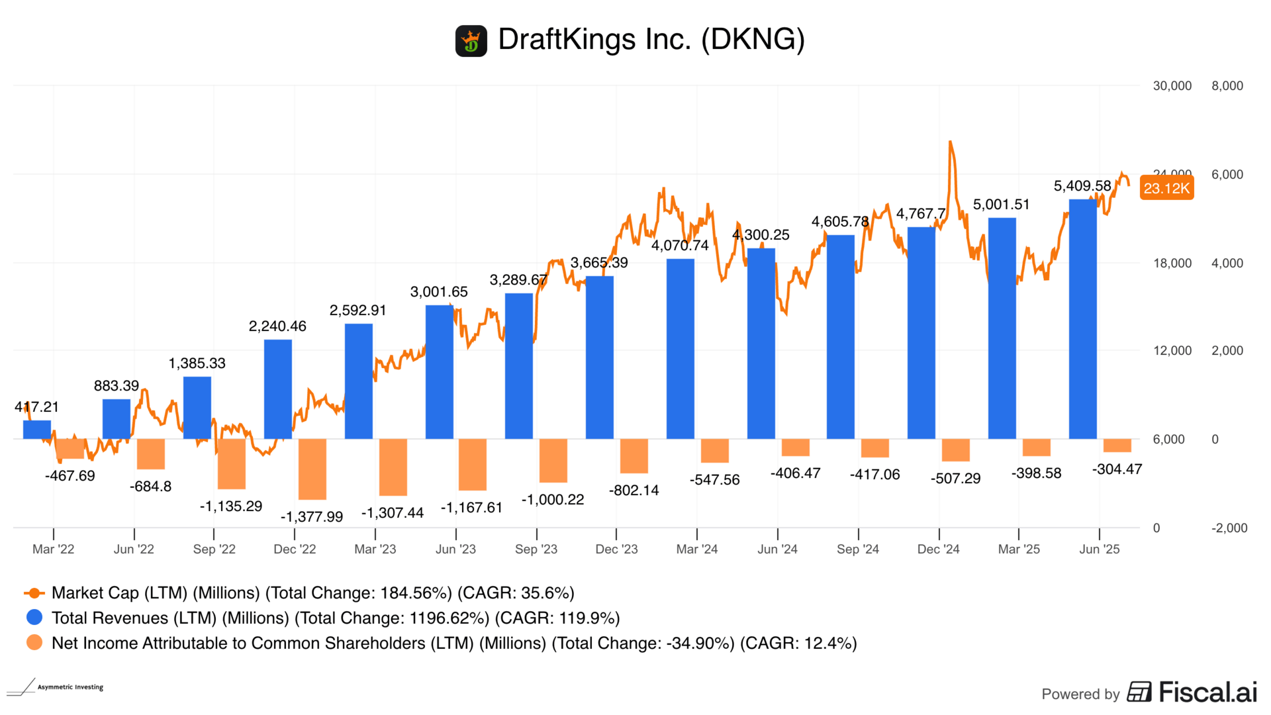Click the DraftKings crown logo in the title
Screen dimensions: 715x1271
coord(471,41)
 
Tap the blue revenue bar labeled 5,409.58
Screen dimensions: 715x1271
coord(1082,318)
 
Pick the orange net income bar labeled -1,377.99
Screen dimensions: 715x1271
coord(312,469)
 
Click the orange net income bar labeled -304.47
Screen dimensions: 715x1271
coord(1117,445)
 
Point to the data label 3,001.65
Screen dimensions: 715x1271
coord(439,292)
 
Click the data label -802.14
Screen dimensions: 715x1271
coord(634,491)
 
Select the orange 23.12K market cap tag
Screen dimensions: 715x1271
coord(1166,188)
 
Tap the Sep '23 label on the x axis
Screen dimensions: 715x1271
coord(536,549)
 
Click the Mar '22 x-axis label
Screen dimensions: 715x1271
coord(54,549)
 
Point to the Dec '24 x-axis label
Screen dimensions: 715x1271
coord(938,549)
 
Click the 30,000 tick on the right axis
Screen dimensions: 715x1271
coord(1172,86)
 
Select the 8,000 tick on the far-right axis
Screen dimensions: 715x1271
coord(1227,86)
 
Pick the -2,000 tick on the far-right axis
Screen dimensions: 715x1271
coord(1229,528)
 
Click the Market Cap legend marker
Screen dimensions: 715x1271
coord(34,593)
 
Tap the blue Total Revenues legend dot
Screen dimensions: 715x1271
coord(34,618)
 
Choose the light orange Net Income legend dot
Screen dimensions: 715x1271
coord(34,643)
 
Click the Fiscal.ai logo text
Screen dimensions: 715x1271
coord(1207,692)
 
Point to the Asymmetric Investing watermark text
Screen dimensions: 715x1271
coord(70,687)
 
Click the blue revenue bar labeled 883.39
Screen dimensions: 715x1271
coord(117,418)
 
